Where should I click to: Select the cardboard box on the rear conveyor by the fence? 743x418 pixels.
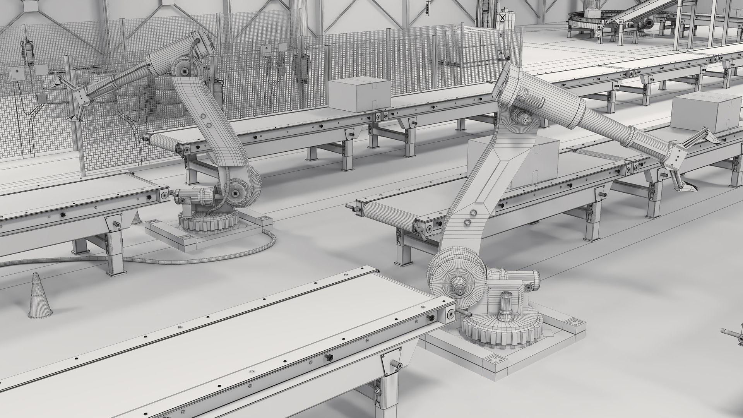point(359,95)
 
